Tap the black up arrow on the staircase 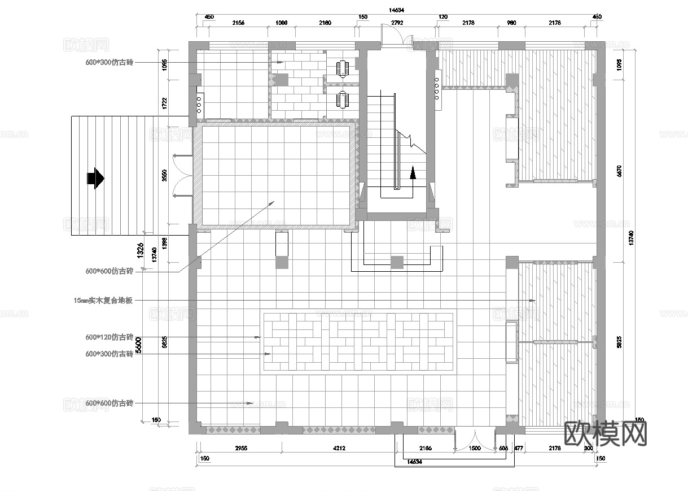413,172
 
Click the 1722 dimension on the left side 164,103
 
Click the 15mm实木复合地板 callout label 103,301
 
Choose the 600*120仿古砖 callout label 109,337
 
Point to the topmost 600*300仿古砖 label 109,63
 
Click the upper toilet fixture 343,68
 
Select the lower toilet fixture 343,99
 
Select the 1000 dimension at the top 281,23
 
